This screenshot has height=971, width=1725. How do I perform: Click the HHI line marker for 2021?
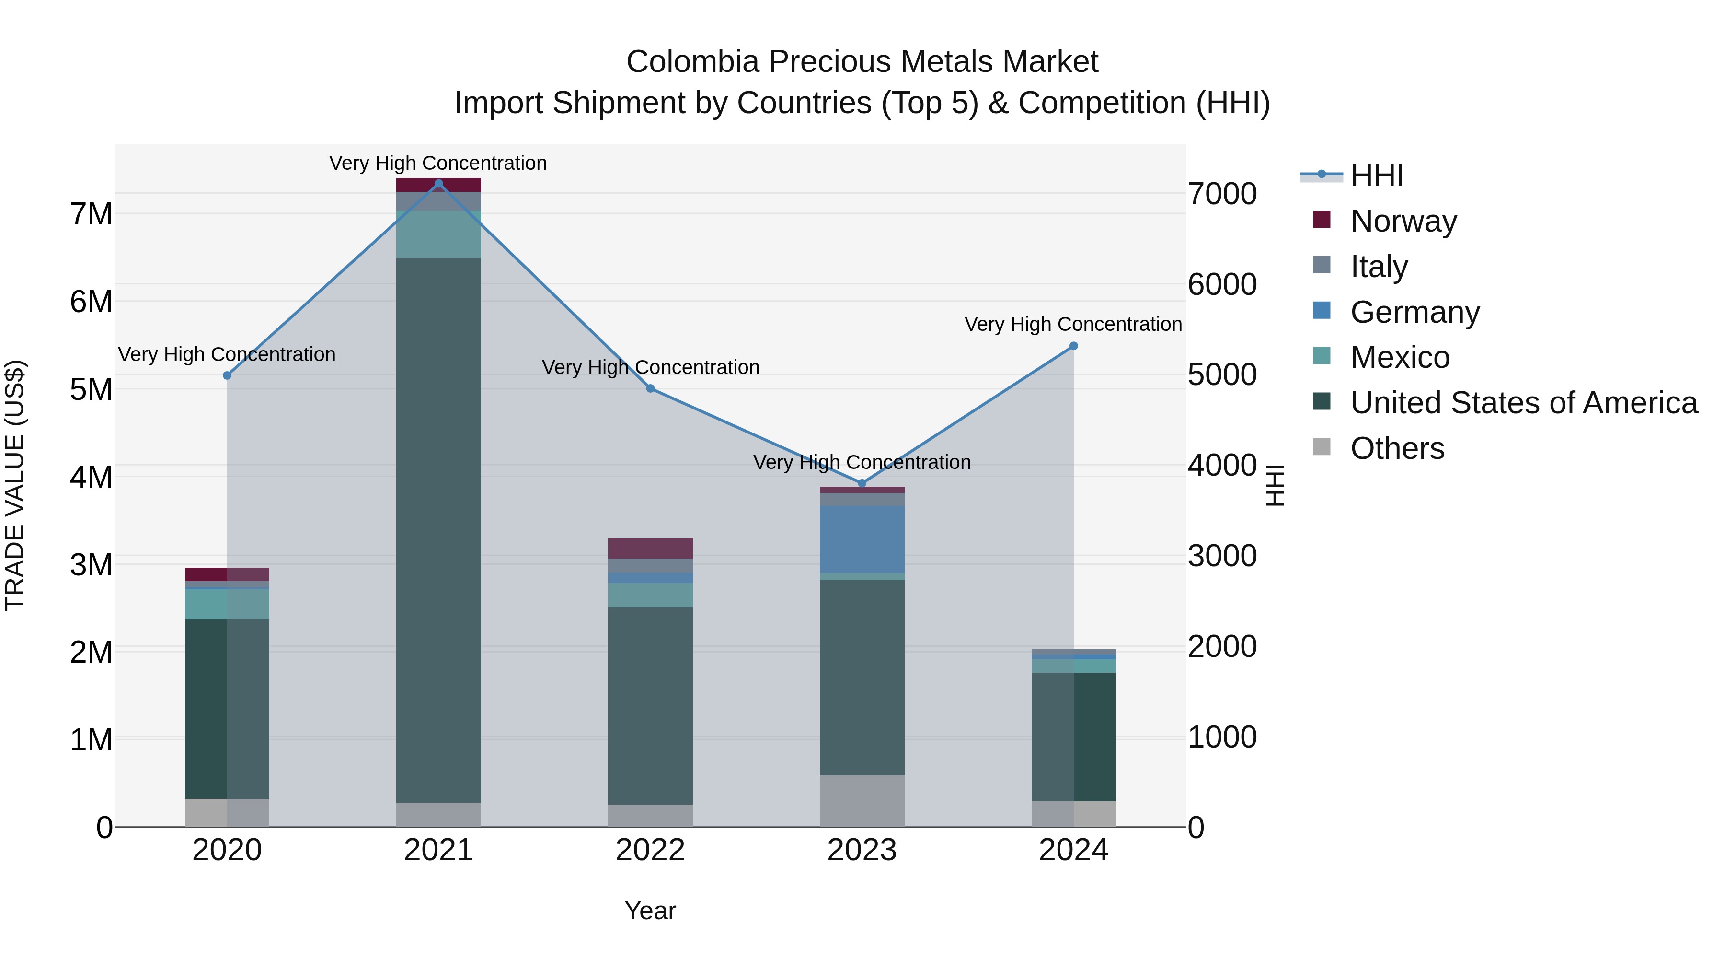tap(438, 184)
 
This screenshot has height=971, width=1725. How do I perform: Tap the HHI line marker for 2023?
tap(862, 483)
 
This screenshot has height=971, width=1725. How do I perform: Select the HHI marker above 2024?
tap(1073, 346)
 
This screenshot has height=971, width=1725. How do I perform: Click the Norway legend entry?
tap(1403, 221)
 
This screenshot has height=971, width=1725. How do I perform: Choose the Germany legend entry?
tap(1414, 312)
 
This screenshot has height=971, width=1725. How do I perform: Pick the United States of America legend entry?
tap(1523, 403)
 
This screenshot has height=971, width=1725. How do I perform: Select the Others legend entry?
tap(1397, 448)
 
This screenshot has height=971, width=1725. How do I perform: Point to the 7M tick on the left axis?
tap(91, 214)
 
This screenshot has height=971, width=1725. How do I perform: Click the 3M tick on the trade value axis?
tap(91, 565)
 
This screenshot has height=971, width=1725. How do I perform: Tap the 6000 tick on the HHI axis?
tap(1222, 284)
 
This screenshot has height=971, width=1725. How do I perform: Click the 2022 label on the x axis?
tap(650, 850)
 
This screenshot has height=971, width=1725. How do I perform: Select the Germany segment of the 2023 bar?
tap(862, 539)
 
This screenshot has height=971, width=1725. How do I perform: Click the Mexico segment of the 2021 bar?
tap(438, 234)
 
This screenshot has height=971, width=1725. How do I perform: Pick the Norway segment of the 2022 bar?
tap(650, 548)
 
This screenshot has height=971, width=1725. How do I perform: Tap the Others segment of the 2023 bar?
tap(862, 801)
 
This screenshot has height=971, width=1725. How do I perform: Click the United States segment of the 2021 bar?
tap(438, 529)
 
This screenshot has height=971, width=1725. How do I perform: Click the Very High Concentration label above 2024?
tap(1073, 324)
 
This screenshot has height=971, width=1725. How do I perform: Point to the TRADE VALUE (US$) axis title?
tap(15, 485)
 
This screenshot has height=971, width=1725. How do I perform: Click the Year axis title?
tap(650, 911)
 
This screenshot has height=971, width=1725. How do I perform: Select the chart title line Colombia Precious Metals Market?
tap(862, 62)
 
